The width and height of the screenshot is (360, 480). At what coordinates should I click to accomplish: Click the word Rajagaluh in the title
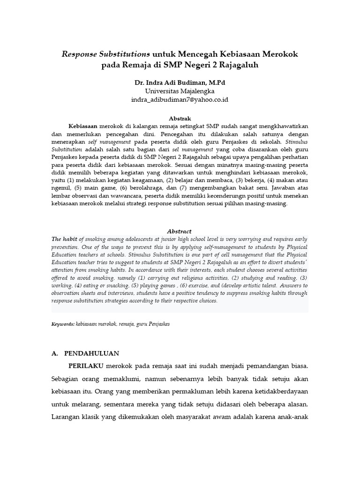[236, 65]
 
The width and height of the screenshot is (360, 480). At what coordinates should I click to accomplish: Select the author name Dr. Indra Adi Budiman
[165, 82]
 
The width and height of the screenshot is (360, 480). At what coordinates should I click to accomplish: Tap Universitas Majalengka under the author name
[180, 91]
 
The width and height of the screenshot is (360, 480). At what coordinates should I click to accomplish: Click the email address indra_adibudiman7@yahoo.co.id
[180, 100]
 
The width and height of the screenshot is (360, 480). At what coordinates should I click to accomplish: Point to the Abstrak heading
[180, 118]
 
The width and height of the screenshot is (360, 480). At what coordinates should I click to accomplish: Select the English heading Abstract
[180, 231]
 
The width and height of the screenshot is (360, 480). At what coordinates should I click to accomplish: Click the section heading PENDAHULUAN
[91, 353]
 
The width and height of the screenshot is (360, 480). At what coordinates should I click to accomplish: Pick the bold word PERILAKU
[86, 365]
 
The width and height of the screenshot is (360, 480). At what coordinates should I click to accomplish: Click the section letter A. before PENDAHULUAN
[55, 353]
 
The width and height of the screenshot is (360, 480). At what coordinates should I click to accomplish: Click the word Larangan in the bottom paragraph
[67, 416]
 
